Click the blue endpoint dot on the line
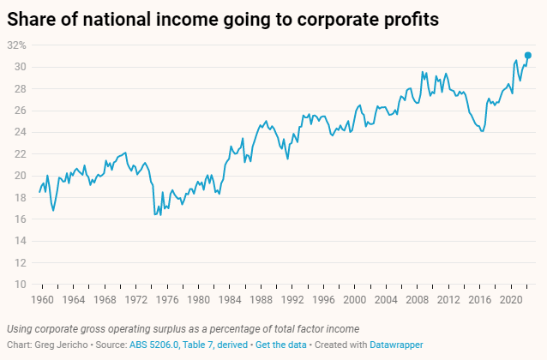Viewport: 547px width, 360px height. point(528,56)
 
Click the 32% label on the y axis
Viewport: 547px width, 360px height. point(16,45)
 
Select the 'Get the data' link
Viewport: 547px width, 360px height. point(280,345)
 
